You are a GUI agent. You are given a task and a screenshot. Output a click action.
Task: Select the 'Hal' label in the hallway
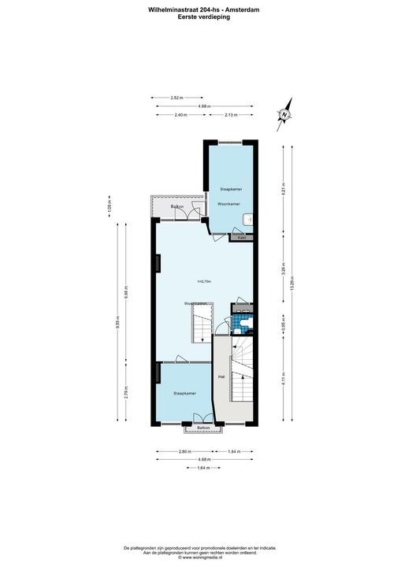point(221,376)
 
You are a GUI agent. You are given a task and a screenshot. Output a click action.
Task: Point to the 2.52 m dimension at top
point(176,98)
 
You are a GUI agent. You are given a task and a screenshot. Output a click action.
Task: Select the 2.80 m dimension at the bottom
point(183,451)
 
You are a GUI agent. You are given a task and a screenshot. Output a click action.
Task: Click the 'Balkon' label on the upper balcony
point(177,207)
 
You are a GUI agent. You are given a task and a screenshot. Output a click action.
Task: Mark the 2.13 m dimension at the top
point(231,115)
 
